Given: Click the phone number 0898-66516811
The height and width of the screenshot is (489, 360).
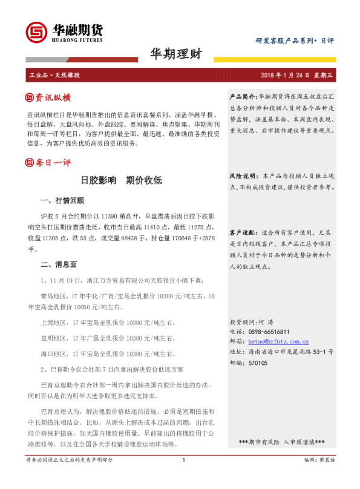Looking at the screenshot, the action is [268, 332].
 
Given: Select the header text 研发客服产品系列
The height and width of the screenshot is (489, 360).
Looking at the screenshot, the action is [284, 41].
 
